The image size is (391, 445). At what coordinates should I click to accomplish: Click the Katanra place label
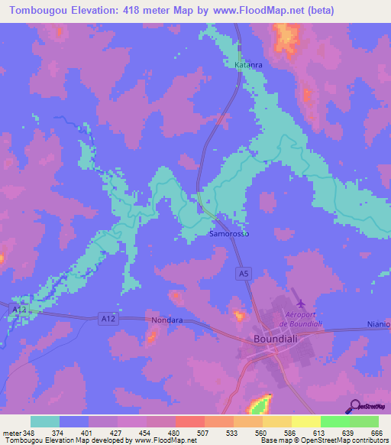click(248, 65)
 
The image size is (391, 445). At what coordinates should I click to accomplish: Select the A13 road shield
click(19, 309)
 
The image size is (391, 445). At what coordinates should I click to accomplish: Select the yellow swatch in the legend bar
click(305, 421)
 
